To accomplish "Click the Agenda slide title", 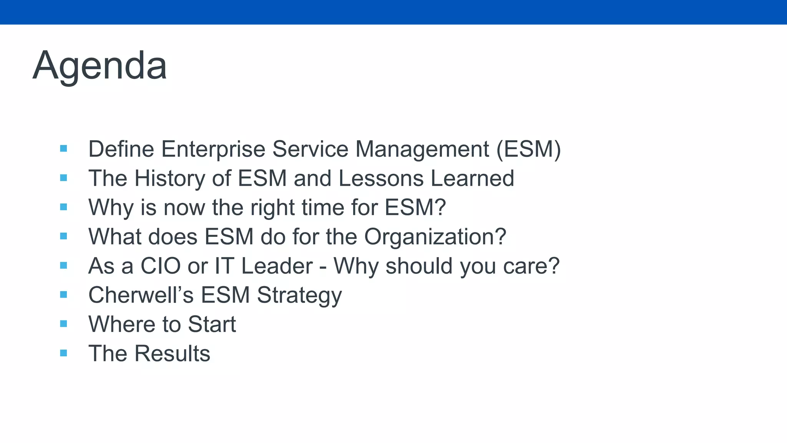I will coord(100,66).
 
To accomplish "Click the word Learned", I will coord(472,178).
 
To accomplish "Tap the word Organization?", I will coord(435,236).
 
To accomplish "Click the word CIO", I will coord(160,266).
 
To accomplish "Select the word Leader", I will coord(277,266).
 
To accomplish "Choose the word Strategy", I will coord(299,295).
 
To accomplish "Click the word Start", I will coord(212,324).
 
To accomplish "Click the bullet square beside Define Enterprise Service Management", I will coord(64,148).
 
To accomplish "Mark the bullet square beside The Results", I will coord(64,353).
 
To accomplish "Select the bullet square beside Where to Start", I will coord(64,324).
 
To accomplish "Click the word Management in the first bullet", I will coord(422,149).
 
